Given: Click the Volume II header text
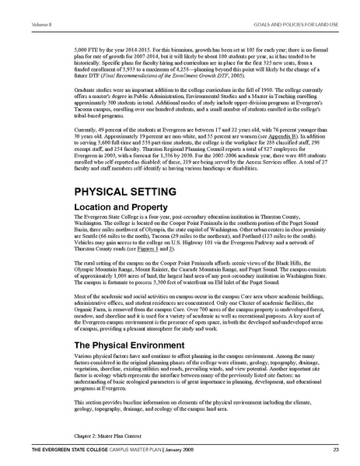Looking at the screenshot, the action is click(x=19, y=5).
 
